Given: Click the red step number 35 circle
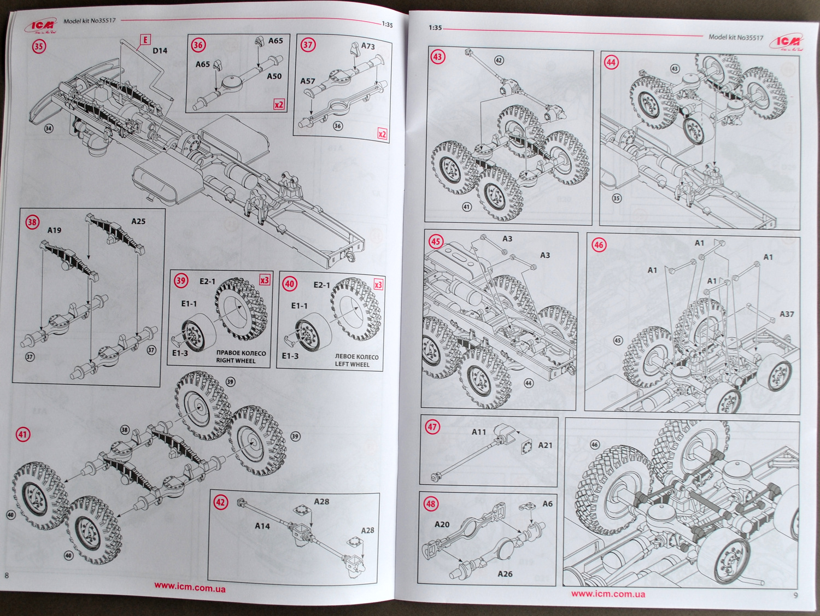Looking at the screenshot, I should (x=38, y=46).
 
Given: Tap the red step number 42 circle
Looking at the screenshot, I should (x=220, y=502).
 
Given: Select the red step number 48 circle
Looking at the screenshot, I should (x=431, y=503).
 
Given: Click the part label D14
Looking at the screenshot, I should (x=160, y=51).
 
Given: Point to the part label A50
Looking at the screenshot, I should (x=274, y=77).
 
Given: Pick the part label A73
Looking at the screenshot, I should (x=368, y=46).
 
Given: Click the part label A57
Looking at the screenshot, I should (x=308, y=81).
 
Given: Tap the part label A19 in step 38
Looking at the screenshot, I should (x=54, y=230).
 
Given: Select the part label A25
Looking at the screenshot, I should (x=138, y=221).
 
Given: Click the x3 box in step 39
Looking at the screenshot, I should (x=265, y=280).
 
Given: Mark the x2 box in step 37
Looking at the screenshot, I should (x=382, y=134).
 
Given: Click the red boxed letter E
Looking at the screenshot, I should (x=145, y=39).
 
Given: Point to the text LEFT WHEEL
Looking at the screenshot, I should (x=352, y=364).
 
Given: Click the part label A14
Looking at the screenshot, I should (x=262, y=526).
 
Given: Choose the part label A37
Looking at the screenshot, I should (x=787, y=314).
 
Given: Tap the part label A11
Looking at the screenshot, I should (x=479, y=432).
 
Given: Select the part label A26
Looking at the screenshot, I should (x=505, y=574).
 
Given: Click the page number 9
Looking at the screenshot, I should (x=795, y=595).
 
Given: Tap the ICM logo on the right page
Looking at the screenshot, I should (x=788, y=42).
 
